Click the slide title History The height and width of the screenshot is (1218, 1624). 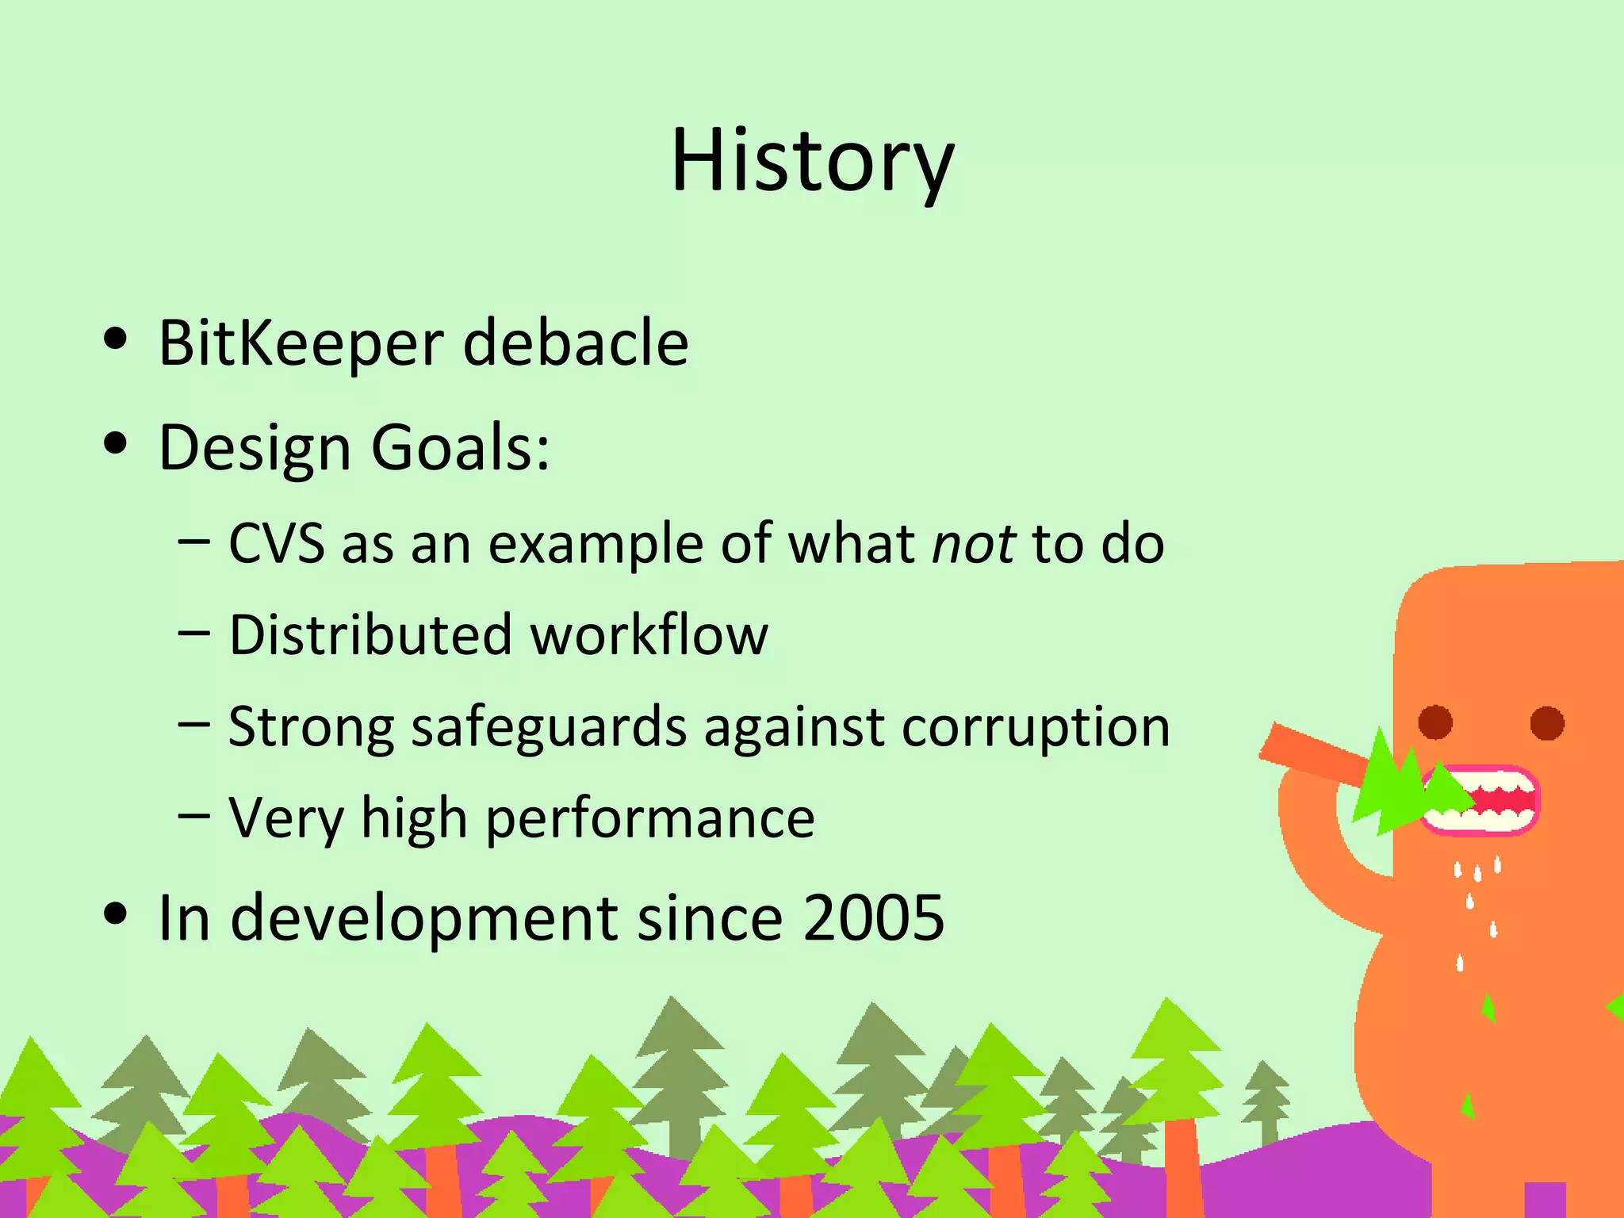coord(812,161)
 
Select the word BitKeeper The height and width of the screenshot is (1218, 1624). coord(301,343)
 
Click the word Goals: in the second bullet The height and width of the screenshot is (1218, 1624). coord(460,447)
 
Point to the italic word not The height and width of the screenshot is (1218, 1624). coord(973,545)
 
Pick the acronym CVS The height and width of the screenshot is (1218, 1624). coord(276,545)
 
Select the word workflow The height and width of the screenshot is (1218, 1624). coord(649,635)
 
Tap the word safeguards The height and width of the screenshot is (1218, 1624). coord(549,728)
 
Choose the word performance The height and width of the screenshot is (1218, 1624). coord(649,819)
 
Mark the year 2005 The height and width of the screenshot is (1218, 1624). coord(873,918)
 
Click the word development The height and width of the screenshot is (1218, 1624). coord(424,918)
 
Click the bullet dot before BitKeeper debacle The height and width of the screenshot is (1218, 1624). coord(116,339)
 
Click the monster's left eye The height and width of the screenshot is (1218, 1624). coord(1434,722)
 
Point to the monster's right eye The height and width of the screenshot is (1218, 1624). coord(1546,722)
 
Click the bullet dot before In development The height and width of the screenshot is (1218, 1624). coord(116,913)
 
